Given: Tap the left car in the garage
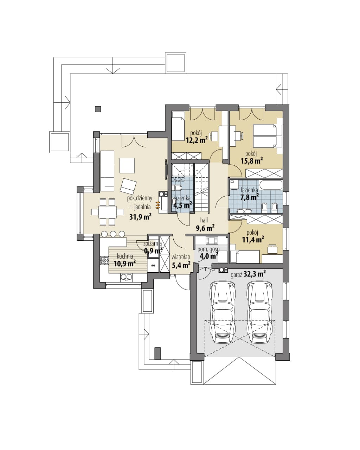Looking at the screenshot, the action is [223, 312].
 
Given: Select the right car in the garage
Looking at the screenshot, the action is [259, 312].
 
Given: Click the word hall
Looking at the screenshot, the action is [204, 220].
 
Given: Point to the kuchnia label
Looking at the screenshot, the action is [125, 256].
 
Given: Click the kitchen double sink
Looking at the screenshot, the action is [126, 278].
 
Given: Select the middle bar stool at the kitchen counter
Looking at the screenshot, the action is [113, 234].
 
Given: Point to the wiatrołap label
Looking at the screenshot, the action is [181, 257].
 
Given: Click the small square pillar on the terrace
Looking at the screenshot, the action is [98, 109].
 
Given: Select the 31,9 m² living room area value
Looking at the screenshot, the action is [140, 217].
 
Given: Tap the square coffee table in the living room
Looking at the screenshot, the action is [127, 165].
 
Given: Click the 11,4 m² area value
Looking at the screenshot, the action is [253, 240].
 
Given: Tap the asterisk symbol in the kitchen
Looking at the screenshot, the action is [153, 266].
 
